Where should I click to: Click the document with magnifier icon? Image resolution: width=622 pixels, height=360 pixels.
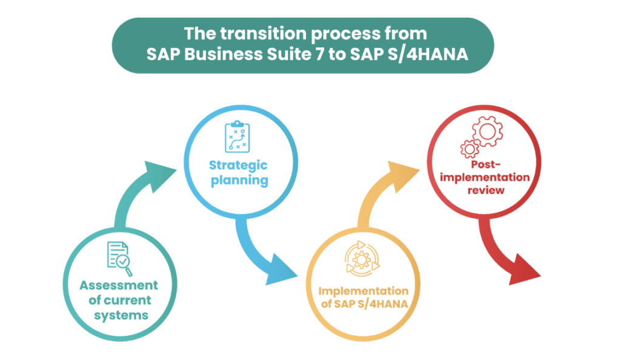click(x=119, y=258)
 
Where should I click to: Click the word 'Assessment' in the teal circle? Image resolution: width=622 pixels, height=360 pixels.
click(x=118, y=285)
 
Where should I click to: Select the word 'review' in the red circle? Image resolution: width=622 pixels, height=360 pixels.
click(x=486, y=190)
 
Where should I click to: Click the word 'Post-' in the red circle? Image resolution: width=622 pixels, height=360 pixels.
click(x=485, y=165)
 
